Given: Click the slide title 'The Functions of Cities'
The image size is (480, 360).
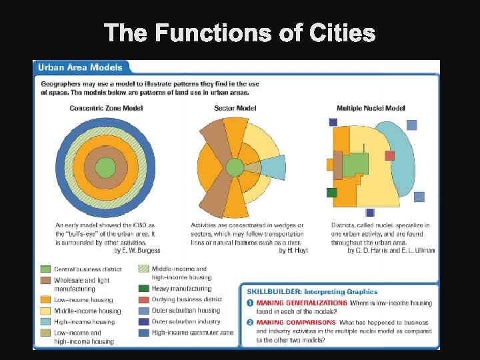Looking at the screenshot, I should [240, 32].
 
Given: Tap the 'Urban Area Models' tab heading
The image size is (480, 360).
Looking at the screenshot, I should [80, 67].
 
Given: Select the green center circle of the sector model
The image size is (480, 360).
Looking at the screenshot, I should [235, 167].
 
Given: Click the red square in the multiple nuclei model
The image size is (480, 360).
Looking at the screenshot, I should [389, 155].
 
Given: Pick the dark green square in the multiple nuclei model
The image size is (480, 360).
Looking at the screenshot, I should [331, 193].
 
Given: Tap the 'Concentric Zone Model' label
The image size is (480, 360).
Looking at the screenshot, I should [106, 108].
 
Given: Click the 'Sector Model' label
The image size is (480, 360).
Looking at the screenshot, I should [235, 108].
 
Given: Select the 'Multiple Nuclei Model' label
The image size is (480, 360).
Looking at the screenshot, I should [371, 108].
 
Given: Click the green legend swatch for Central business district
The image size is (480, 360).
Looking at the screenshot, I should [45, 269].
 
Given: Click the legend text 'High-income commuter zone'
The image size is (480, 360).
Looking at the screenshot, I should [193, 332].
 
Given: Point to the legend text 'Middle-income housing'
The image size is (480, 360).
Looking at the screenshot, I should [87, 311].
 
